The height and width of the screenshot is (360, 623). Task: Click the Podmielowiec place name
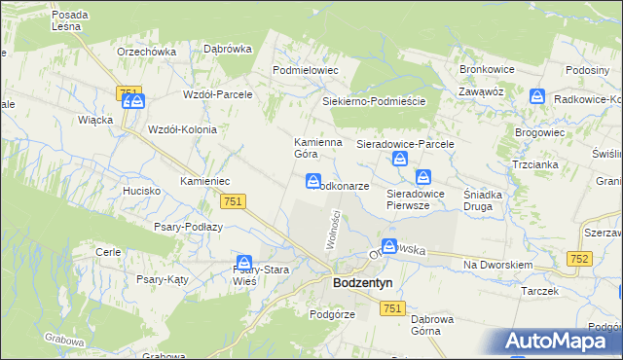tap(305, 71)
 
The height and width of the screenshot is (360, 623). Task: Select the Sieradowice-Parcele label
tap(406, 144)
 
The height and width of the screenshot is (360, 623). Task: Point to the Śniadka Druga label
tap(483, 199)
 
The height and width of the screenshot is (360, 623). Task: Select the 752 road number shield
tap(581, 258)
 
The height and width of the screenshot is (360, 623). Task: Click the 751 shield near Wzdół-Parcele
tap(126, 92)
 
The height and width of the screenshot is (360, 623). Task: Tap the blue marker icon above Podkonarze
tap(313, 181)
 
